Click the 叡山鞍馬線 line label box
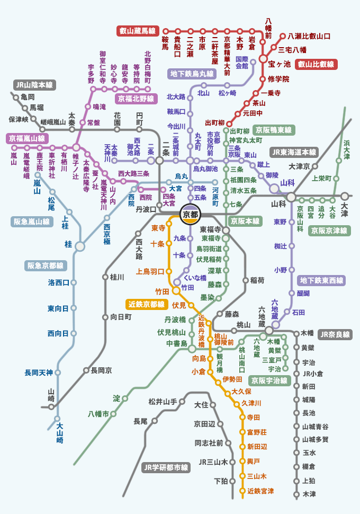coord(137,31)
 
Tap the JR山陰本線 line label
coord(35,85)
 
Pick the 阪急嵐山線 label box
coord(31,222)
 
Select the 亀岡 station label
coord(28,97)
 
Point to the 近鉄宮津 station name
coord(260,491)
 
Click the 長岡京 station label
coord(101,370)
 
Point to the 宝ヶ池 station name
coord(279,64)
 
